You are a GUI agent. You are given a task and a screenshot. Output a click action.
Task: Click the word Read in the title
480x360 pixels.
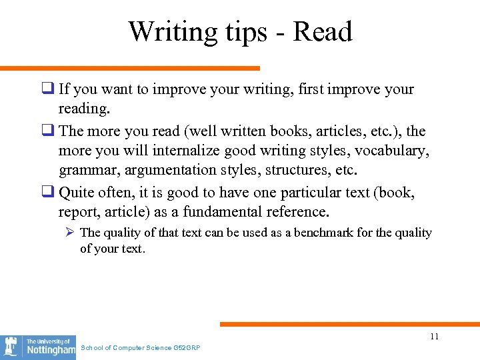(323, 31)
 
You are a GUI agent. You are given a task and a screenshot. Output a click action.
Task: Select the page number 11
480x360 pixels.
(434, 336)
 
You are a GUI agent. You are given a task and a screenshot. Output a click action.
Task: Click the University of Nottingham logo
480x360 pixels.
(38, 347)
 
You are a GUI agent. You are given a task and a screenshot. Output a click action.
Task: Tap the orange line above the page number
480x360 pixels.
(349, 325)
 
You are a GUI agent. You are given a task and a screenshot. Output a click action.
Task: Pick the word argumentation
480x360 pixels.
(160, 170)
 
